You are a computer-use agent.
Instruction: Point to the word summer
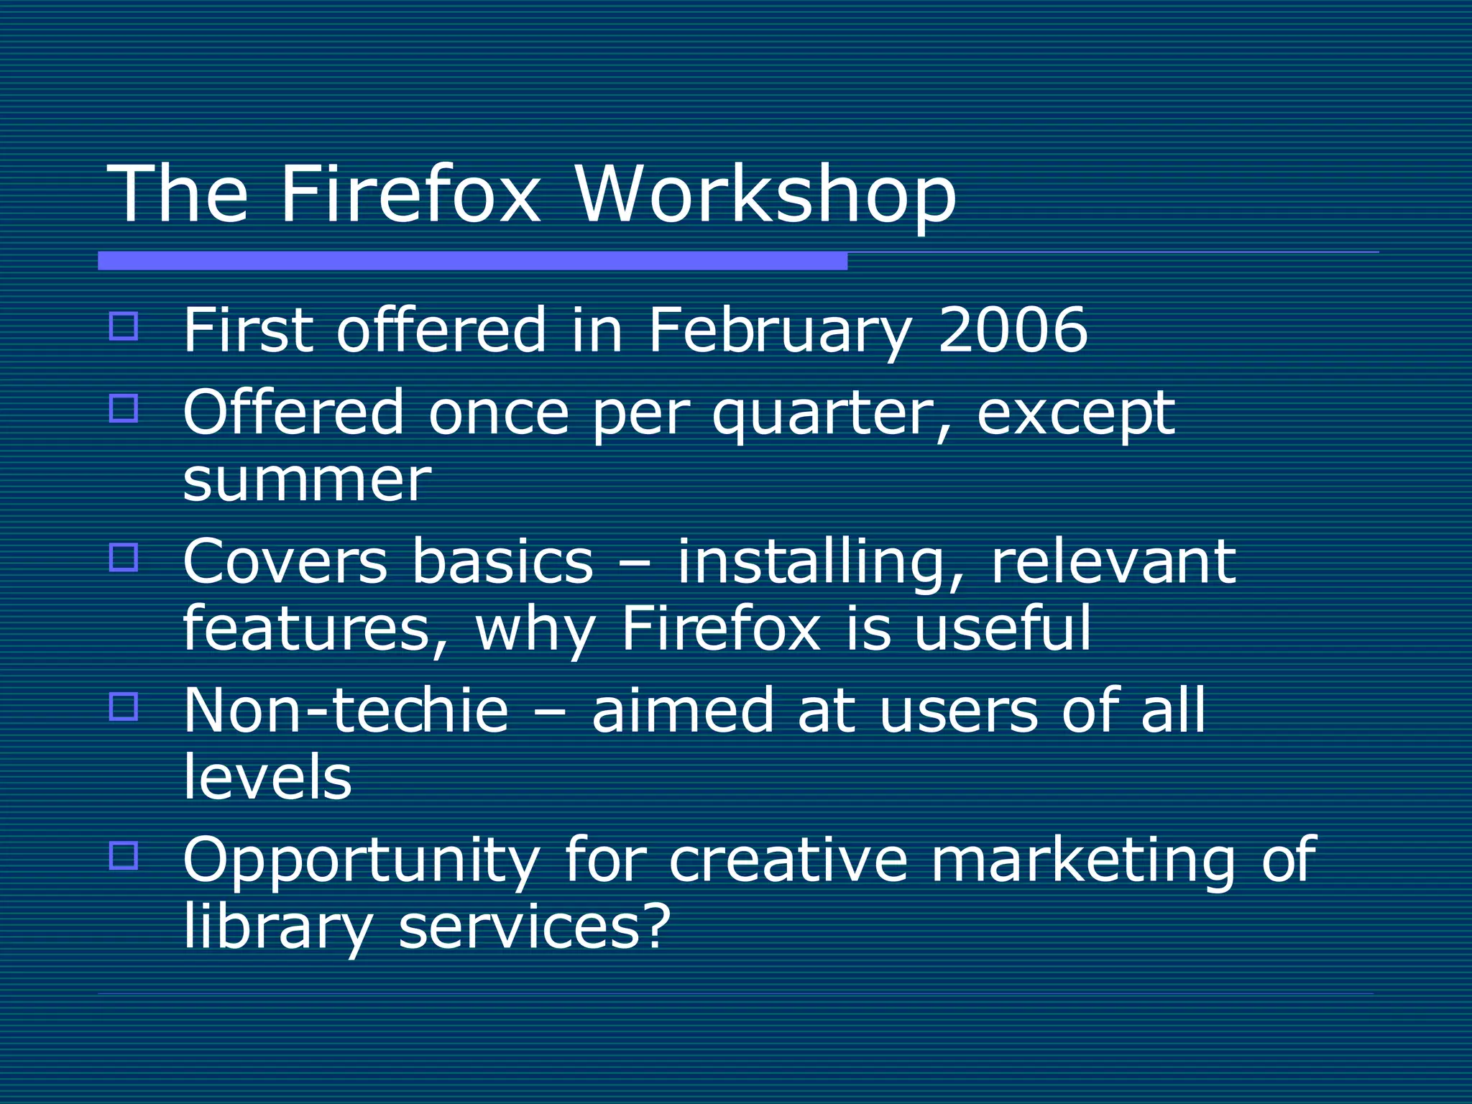(x=307, y=480)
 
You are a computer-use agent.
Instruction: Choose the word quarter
(x=824, y=415)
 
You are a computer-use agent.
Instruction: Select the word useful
(x=1003, y=628)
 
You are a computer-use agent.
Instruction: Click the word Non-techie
(x=346, y=710)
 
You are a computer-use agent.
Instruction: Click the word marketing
(x=1082, y=860)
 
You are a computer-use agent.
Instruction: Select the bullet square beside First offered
(x=124, y=326)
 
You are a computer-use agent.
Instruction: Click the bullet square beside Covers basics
(x=124, y=557)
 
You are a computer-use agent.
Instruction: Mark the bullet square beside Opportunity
(x=124, y=855)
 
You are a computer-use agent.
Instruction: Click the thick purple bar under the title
(x=472, y=261)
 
